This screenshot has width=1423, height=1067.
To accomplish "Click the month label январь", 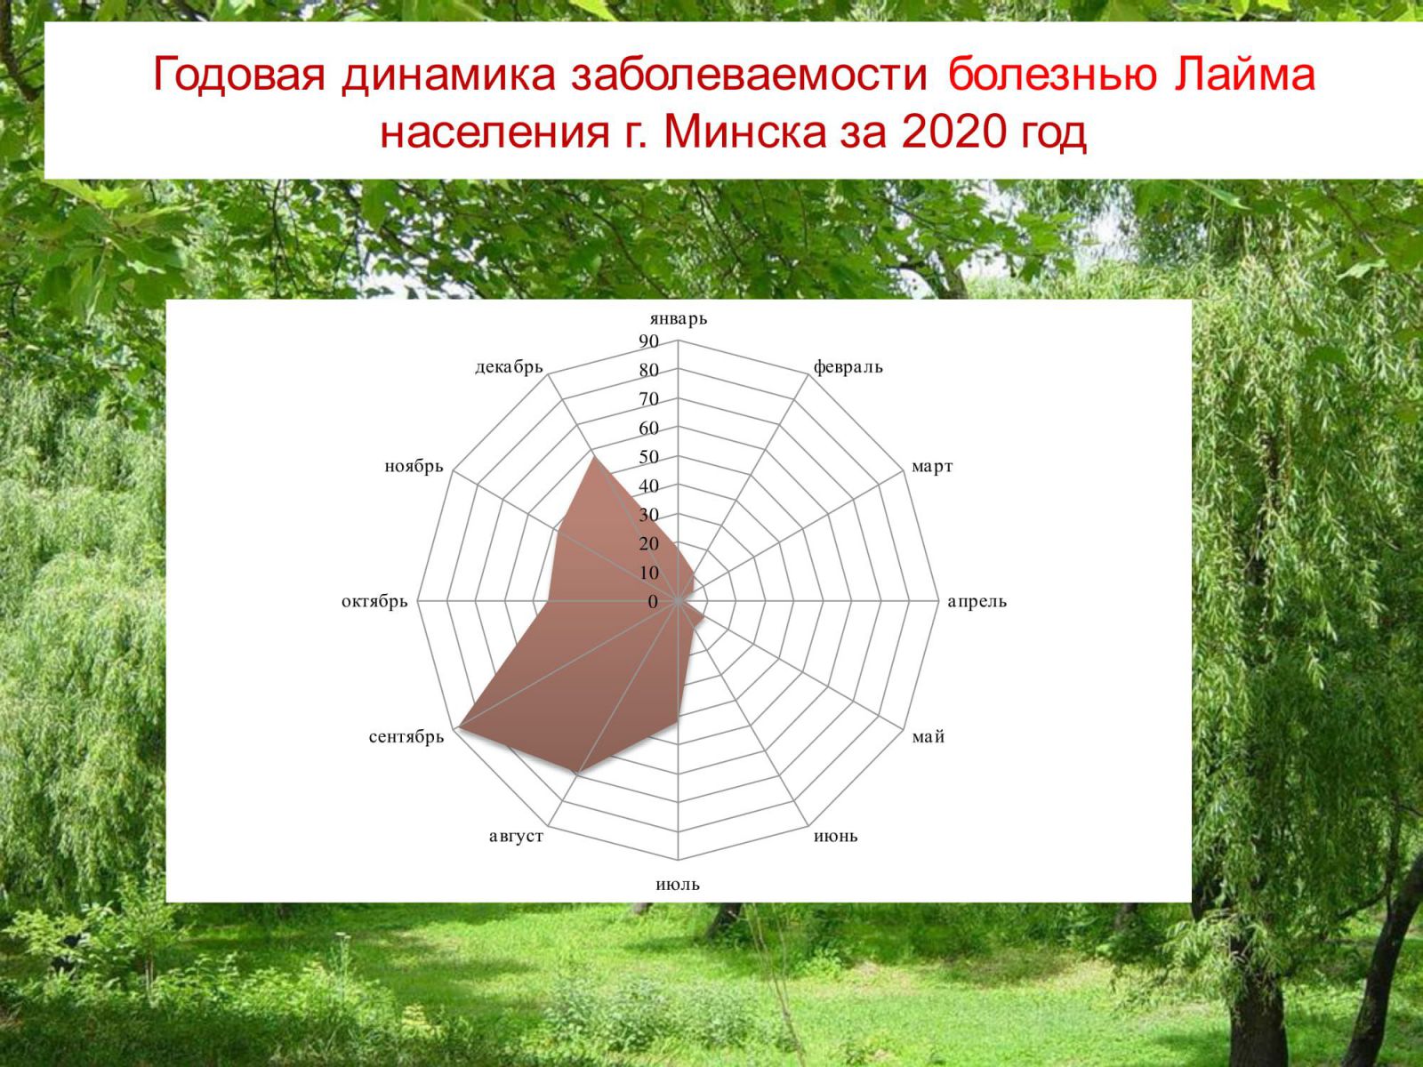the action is pyautogui.click(x=678, y=318).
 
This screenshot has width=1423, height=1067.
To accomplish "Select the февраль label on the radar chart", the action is pyautogui.click(x=848, y=367).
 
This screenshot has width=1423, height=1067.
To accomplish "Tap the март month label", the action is pyautogui.click(x=931, y=467).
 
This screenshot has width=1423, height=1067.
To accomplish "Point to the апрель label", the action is pyautogui.click(x=977, y=602).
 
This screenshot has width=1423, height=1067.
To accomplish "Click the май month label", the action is pyautogui.click(x=929, y=736).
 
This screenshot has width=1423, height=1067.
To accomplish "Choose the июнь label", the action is pyautogui.click(x=836, y=837).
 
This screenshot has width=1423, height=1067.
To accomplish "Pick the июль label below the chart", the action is pyautogui.click(x=678, y=885).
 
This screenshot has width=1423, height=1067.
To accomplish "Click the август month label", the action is pyautogui.click(x=516, y=837).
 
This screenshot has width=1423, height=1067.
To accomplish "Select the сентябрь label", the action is pyautogui.click(x=406, y=737).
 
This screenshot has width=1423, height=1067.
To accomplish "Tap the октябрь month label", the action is pyautogui.click(x=374, y=602).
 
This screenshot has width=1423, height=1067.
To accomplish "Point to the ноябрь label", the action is pyautogui.click(x=414, y=467).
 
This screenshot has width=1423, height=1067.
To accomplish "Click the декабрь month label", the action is pyautogui.click(x=509, y=367).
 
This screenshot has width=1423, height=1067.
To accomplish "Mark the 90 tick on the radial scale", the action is pyautogui.click(x=649, y=341).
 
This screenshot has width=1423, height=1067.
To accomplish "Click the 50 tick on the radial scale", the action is pyautogui.click(x=649, y=457).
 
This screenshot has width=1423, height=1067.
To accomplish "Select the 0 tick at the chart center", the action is pyautogui.click(x=653, y=602).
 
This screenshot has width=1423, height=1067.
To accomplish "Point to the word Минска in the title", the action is pyautogui.click(x=745, y=132).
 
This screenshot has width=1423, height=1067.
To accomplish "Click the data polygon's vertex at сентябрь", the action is pyautogui.click(x=458, y=729).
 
